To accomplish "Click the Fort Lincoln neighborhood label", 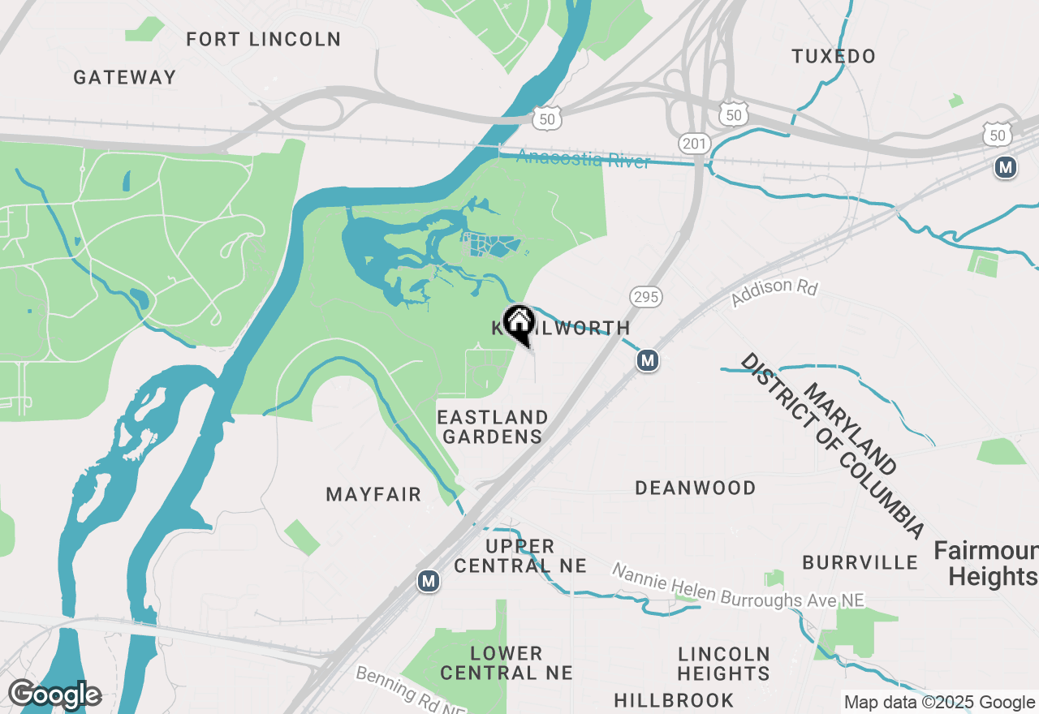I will click(x=263, y=39).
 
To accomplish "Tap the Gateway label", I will click(x=124, y=77).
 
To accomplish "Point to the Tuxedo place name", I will click(x=834, y=56).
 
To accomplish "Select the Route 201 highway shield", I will click(x=694, y=144).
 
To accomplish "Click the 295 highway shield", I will click(x=646, y=297).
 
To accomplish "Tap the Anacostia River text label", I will click(x=584, y=159).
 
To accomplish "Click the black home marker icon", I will click(x=518, y=322).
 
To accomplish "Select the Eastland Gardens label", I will click(x=493, y=427).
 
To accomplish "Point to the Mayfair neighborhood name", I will click(x=373, y=494).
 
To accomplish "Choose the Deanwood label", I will click(x=696, y=488).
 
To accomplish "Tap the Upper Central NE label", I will click(x=519, y=556).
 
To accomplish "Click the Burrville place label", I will click(x=860, y=562).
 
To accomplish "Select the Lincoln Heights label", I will click(x=723, y=664).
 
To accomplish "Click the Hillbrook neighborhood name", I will click(x=674, y=700).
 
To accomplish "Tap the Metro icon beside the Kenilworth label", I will click(x=647, y=359).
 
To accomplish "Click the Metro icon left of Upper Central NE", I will click(x=429, y=581).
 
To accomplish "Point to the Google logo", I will click(x=54, y=695).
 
